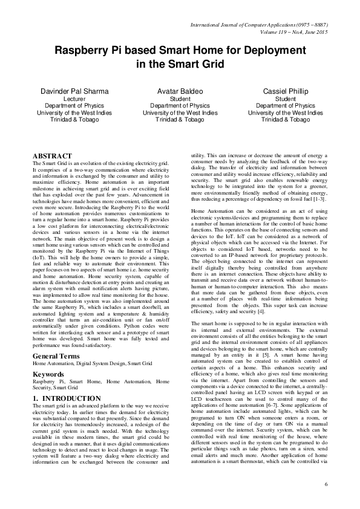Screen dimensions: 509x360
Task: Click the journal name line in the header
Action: (x=267, y=24)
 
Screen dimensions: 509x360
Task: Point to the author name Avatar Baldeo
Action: (x=180, y=91)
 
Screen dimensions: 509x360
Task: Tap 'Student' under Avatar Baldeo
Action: (x=180, y=99)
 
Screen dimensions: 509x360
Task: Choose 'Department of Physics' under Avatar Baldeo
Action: (x=180, y=106)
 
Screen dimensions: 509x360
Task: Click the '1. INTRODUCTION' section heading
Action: (x=67, y=398)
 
